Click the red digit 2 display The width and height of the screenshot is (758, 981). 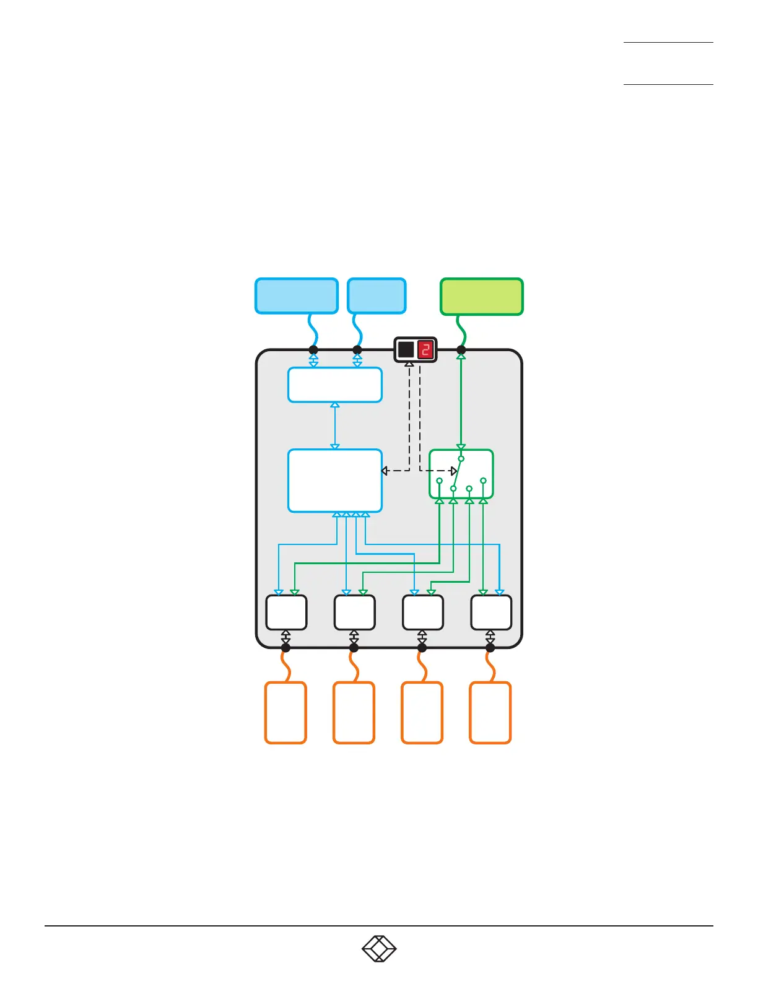[425, 350]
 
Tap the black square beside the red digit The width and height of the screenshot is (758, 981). [406, 350]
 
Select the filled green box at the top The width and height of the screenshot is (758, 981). [481, 297]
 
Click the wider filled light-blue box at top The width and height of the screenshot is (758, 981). [297, 296]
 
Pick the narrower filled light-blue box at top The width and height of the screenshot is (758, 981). [377, 296]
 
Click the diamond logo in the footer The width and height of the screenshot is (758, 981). [379, 949]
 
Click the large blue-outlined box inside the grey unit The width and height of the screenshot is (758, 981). [334, 481]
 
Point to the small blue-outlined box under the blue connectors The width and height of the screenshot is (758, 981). [334, 385]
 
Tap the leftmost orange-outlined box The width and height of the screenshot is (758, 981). [285, 712]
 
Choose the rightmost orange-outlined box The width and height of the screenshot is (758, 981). [490, 712]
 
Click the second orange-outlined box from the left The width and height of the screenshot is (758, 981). [354, 712]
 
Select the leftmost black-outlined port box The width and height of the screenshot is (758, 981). [286, 612]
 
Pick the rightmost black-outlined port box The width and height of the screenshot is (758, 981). [491, 612]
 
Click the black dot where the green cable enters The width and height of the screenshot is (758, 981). [461, 350]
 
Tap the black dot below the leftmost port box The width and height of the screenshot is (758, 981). [285, 648]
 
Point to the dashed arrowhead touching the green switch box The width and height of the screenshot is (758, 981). [454, 471]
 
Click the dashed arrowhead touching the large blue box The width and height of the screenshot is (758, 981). [385, 471]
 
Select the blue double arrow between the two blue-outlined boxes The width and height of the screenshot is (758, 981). [335, 425]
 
